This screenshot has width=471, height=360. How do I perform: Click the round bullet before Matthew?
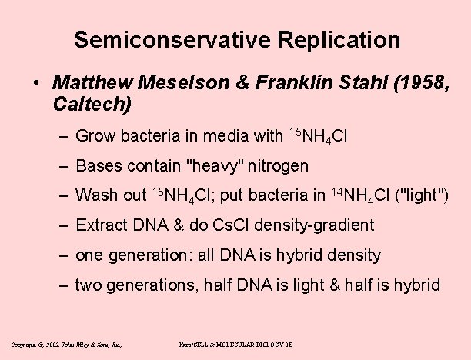37,82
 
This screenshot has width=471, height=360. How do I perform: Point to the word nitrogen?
277,165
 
